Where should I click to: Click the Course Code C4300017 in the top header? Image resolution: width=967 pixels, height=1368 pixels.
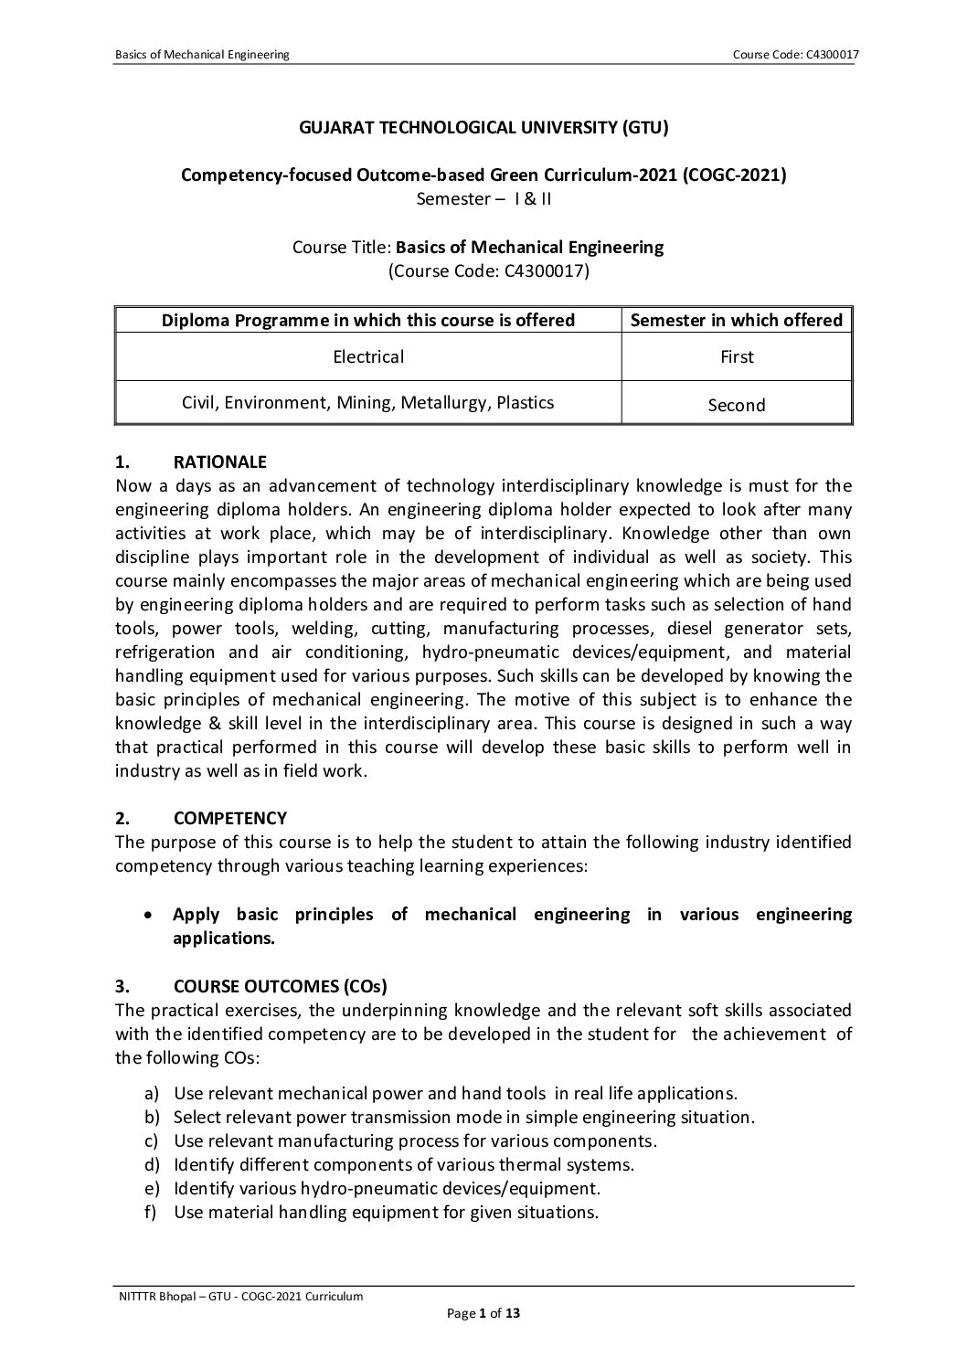pos(795,55)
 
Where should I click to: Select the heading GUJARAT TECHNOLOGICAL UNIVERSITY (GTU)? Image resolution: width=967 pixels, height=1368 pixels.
pos(483,127)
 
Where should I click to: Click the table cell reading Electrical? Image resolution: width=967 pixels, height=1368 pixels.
pos(368,356)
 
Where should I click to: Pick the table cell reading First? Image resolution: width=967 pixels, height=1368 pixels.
pos(737,356)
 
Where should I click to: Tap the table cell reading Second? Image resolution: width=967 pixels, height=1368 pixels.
pos(737,405)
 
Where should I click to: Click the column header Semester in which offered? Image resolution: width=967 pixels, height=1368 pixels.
pos(737,320)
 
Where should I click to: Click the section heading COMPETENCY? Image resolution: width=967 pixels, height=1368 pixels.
pos(229,818)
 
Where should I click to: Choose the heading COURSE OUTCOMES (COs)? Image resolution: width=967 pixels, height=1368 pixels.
pos(280,986)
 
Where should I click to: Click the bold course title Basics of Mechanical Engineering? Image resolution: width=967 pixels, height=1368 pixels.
pos(529,247)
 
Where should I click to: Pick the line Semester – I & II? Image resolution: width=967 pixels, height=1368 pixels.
pos(483,198)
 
